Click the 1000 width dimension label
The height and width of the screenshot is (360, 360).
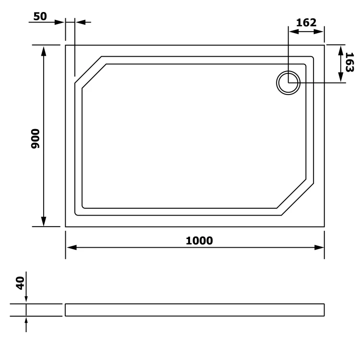(199, 240)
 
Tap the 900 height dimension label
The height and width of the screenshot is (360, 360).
(36, 139)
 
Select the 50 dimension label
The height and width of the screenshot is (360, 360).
(40, 16)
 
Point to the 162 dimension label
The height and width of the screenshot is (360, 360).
(306, 23)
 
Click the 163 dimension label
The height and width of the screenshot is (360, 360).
(349, 62)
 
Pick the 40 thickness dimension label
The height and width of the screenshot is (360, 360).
(20, 283)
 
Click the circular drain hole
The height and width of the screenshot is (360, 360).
(288, 83)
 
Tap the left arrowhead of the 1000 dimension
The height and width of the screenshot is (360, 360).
(72, 248)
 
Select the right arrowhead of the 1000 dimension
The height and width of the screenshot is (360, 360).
(319, 248)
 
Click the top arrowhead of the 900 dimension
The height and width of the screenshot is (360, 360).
(44, 51)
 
